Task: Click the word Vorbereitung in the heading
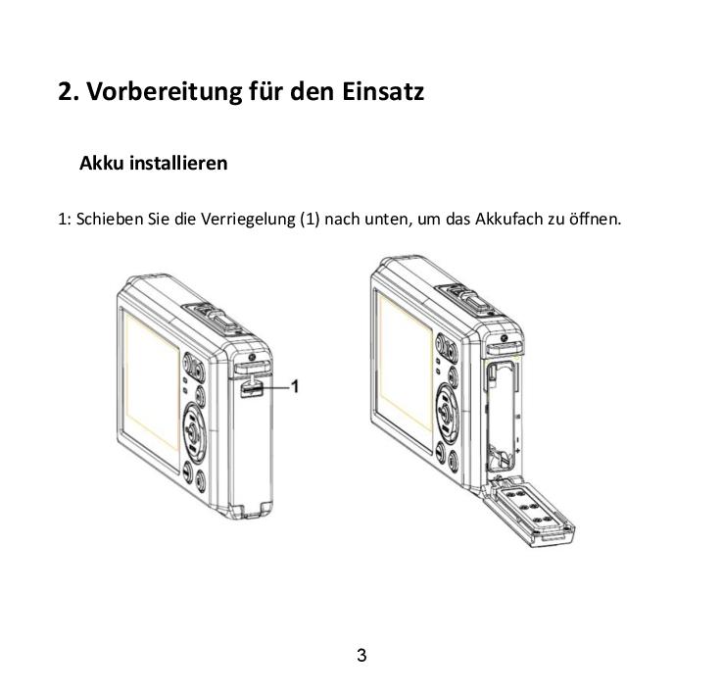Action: (x=165, y=91)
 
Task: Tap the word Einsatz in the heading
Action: (x=383, y=91)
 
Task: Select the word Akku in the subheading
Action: (x=101, y=163)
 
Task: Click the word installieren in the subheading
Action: (x=178, y=163)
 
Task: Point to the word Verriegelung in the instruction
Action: (x=247, y=219)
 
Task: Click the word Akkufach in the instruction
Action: (x=509, y=219)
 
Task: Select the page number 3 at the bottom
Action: (x=361, y=656)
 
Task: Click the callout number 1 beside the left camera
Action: (x=295, y=386)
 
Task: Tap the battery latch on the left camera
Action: (x=251, y=388)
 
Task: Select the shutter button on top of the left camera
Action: (x=222, y=319)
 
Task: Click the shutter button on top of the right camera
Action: (x=476, y=302)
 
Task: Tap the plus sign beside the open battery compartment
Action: (x=518, y=450)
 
